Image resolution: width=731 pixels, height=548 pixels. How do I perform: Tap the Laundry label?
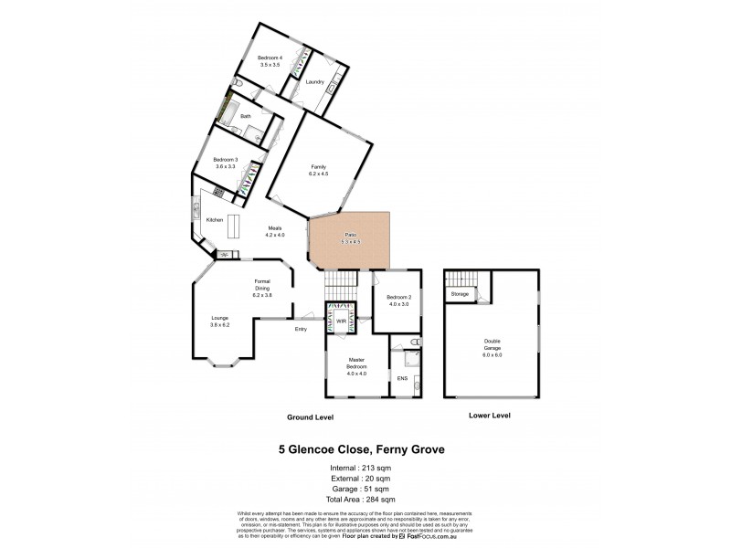316,82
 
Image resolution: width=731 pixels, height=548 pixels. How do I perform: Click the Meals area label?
275,231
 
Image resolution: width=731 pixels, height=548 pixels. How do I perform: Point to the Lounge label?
220,321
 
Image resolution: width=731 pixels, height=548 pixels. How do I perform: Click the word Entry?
301,329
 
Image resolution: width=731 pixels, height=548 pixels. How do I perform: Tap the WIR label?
340,321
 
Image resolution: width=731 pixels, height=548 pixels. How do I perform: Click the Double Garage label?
493,350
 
